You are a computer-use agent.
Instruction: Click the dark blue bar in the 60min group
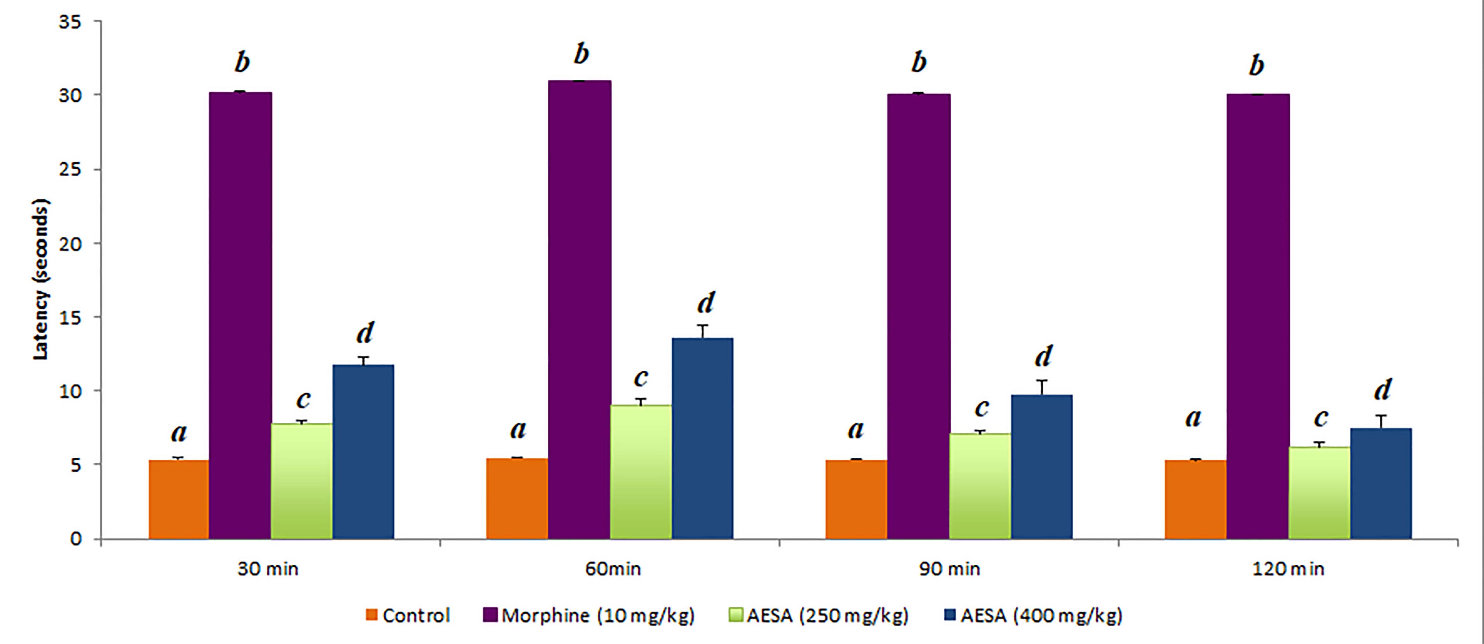(x=702, y=438)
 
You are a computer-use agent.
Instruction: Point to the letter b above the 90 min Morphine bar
(x=919, y=62)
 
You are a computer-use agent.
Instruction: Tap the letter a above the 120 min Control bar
(x=1193, y=418)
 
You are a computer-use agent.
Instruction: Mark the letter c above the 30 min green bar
(x=303, y=399)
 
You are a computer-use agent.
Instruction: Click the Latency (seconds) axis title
(x=41, y=280)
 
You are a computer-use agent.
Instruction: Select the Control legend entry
(x=408, y=616)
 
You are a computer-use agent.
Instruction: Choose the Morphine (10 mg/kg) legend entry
(x=589, y=616)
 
